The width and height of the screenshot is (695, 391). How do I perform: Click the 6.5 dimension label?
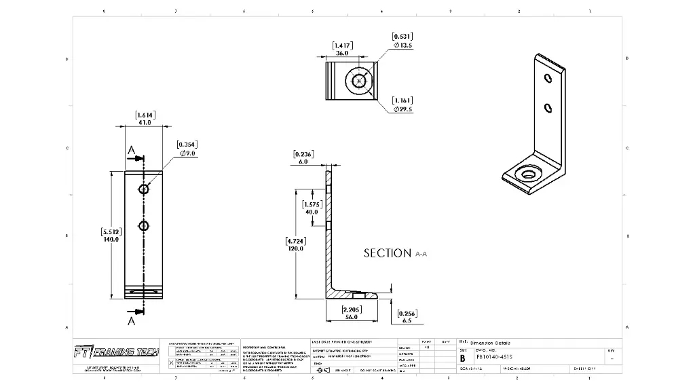(407, 317)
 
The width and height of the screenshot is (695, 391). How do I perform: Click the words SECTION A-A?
(395, 253)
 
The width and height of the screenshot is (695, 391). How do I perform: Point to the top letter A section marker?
(131, 151)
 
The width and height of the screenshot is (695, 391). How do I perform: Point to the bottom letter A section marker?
(131, 320)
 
